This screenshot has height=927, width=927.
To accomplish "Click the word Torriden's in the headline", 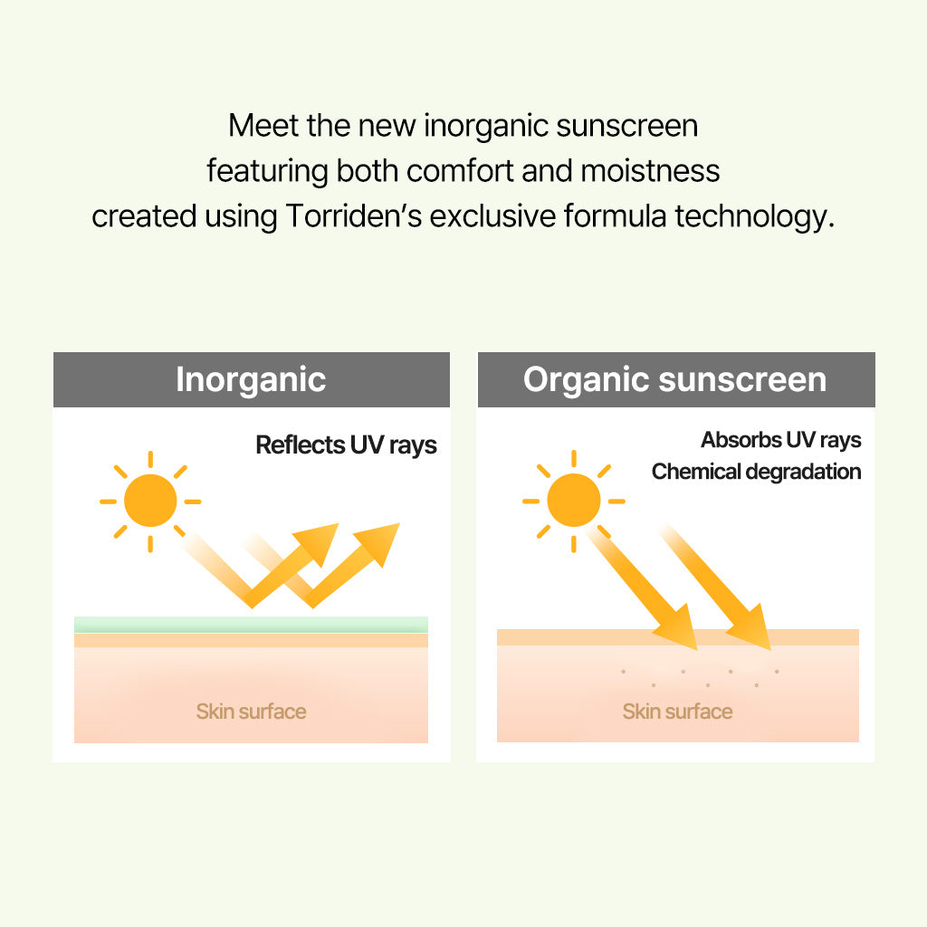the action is (354, 215).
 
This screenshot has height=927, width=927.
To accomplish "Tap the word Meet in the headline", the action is (263, 126).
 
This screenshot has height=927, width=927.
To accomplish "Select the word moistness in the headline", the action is (650, 171).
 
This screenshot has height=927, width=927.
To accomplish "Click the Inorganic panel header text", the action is (251, 380).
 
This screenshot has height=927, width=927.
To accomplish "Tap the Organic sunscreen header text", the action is (674, 379).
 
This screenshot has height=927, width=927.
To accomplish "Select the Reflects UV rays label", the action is (346, 445).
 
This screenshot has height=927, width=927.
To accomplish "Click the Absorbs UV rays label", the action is (780, 441).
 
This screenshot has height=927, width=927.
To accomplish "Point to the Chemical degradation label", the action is (756, 472).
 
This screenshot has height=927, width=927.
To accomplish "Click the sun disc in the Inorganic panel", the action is (150, 501).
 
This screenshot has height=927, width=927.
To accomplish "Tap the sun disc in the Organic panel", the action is (573, 500).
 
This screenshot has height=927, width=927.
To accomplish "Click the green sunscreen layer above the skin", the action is (251, 625).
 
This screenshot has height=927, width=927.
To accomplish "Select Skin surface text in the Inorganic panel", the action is (251, 712).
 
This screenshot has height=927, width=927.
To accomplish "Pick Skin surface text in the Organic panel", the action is (677, 712).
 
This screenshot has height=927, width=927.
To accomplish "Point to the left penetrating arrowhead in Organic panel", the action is (677, 629).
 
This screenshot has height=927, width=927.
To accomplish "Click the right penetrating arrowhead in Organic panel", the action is (750, 629).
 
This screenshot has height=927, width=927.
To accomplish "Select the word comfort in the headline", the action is (460, 171).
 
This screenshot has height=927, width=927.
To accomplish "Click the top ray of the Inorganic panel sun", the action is (150, 459).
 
